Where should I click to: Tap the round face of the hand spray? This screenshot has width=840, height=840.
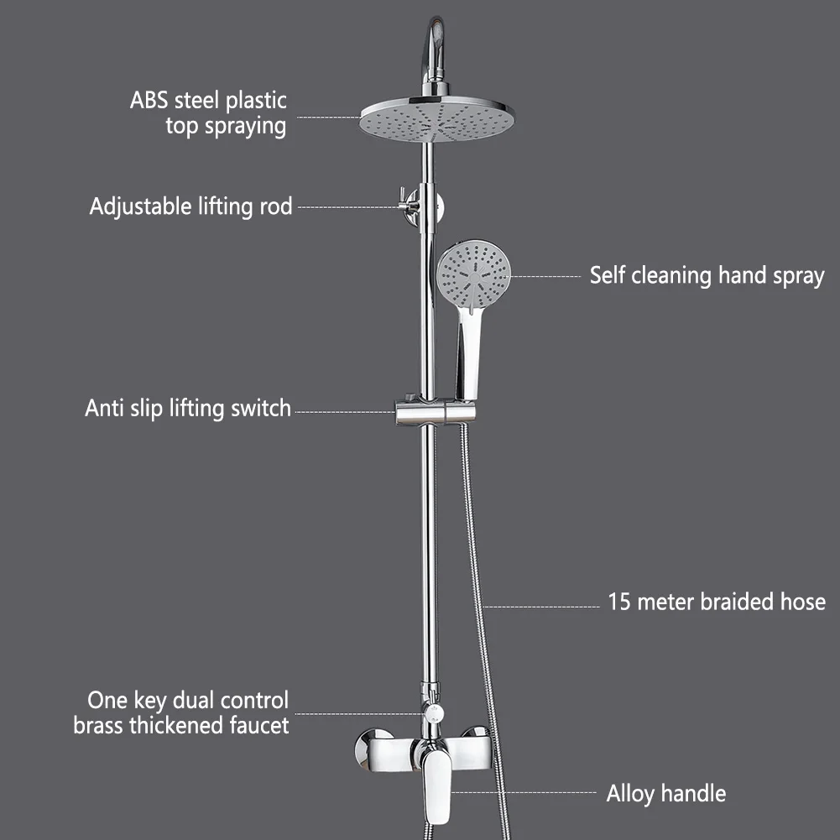pyautogui.click(x=474, y=274)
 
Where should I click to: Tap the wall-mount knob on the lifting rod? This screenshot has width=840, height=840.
pyautogui.click(x=409, y=206)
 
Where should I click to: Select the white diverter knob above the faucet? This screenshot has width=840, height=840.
pyautogui.click(x=433, y=714)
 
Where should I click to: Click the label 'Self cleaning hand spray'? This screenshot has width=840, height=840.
pyautogui.click(x=707, y=275)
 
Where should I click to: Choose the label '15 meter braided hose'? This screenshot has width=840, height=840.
pyautogui.click(x=716, y=602)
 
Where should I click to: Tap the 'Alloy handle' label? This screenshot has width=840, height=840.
pyautogui.click(x=665, y=793)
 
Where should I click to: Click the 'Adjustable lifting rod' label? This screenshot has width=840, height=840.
pyautogui.click(x=190, y=206)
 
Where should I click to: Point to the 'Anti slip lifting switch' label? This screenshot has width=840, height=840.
pyautogui.click(x=188, y=409)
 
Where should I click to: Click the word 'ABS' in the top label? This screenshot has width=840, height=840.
pyautogui.click(x=149, y=101)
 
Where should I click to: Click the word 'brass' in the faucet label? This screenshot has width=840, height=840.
pyautogui.click(x=99, y=725)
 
